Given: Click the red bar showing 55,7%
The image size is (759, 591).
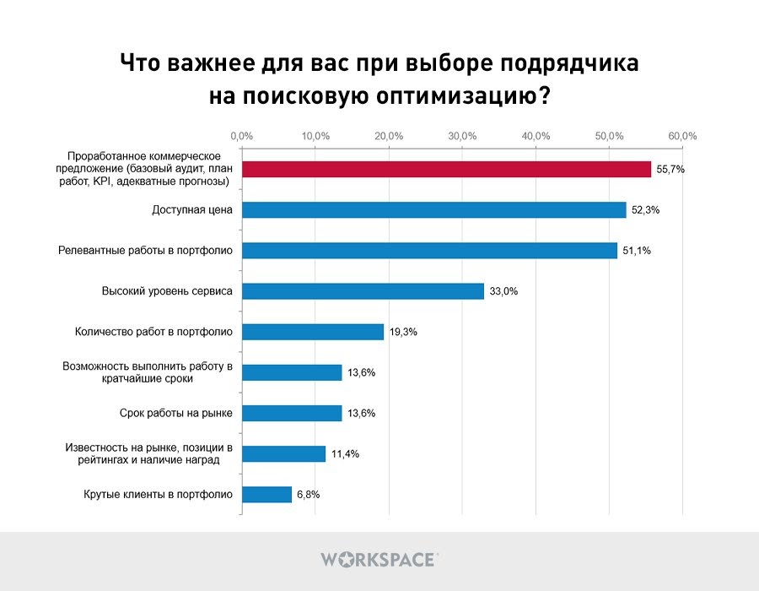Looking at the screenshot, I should [x=446, y=169].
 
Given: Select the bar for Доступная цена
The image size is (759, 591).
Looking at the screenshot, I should [x=433, y=209].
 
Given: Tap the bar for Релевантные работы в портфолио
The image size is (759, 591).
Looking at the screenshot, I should [x=429, y=250].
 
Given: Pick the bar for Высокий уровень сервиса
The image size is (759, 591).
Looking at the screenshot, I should [x=363, y=290].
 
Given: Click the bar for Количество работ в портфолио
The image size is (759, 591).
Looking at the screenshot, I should [x=313, y=332].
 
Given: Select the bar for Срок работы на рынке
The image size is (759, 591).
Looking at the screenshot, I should [x=292, y=413].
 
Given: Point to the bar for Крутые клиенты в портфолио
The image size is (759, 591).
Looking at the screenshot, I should [x=266, y=495].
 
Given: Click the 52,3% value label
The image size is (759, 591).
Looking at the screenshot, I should [x=645, y=210].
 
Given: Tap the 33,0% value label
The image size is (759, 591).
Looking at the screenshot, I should [x=503, y=291].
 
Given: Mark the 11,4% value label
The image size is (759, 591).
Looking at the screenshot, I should [x=345, y=454].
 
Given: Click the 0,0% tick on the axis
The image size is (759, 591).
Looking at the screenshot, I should [x=242, y=135].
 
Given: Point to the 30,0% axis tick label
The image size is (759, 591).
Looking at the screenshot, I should [x=462, y=135].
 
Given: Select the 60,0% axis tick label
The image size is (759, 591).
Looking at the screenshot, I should [x=682, y=135].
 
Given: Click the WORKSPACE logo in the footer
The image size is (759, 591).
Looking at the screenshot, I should [x=379, y=559].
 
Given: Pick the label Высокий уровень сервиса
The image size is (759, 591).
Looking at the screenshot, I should [x=167, y=291].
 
